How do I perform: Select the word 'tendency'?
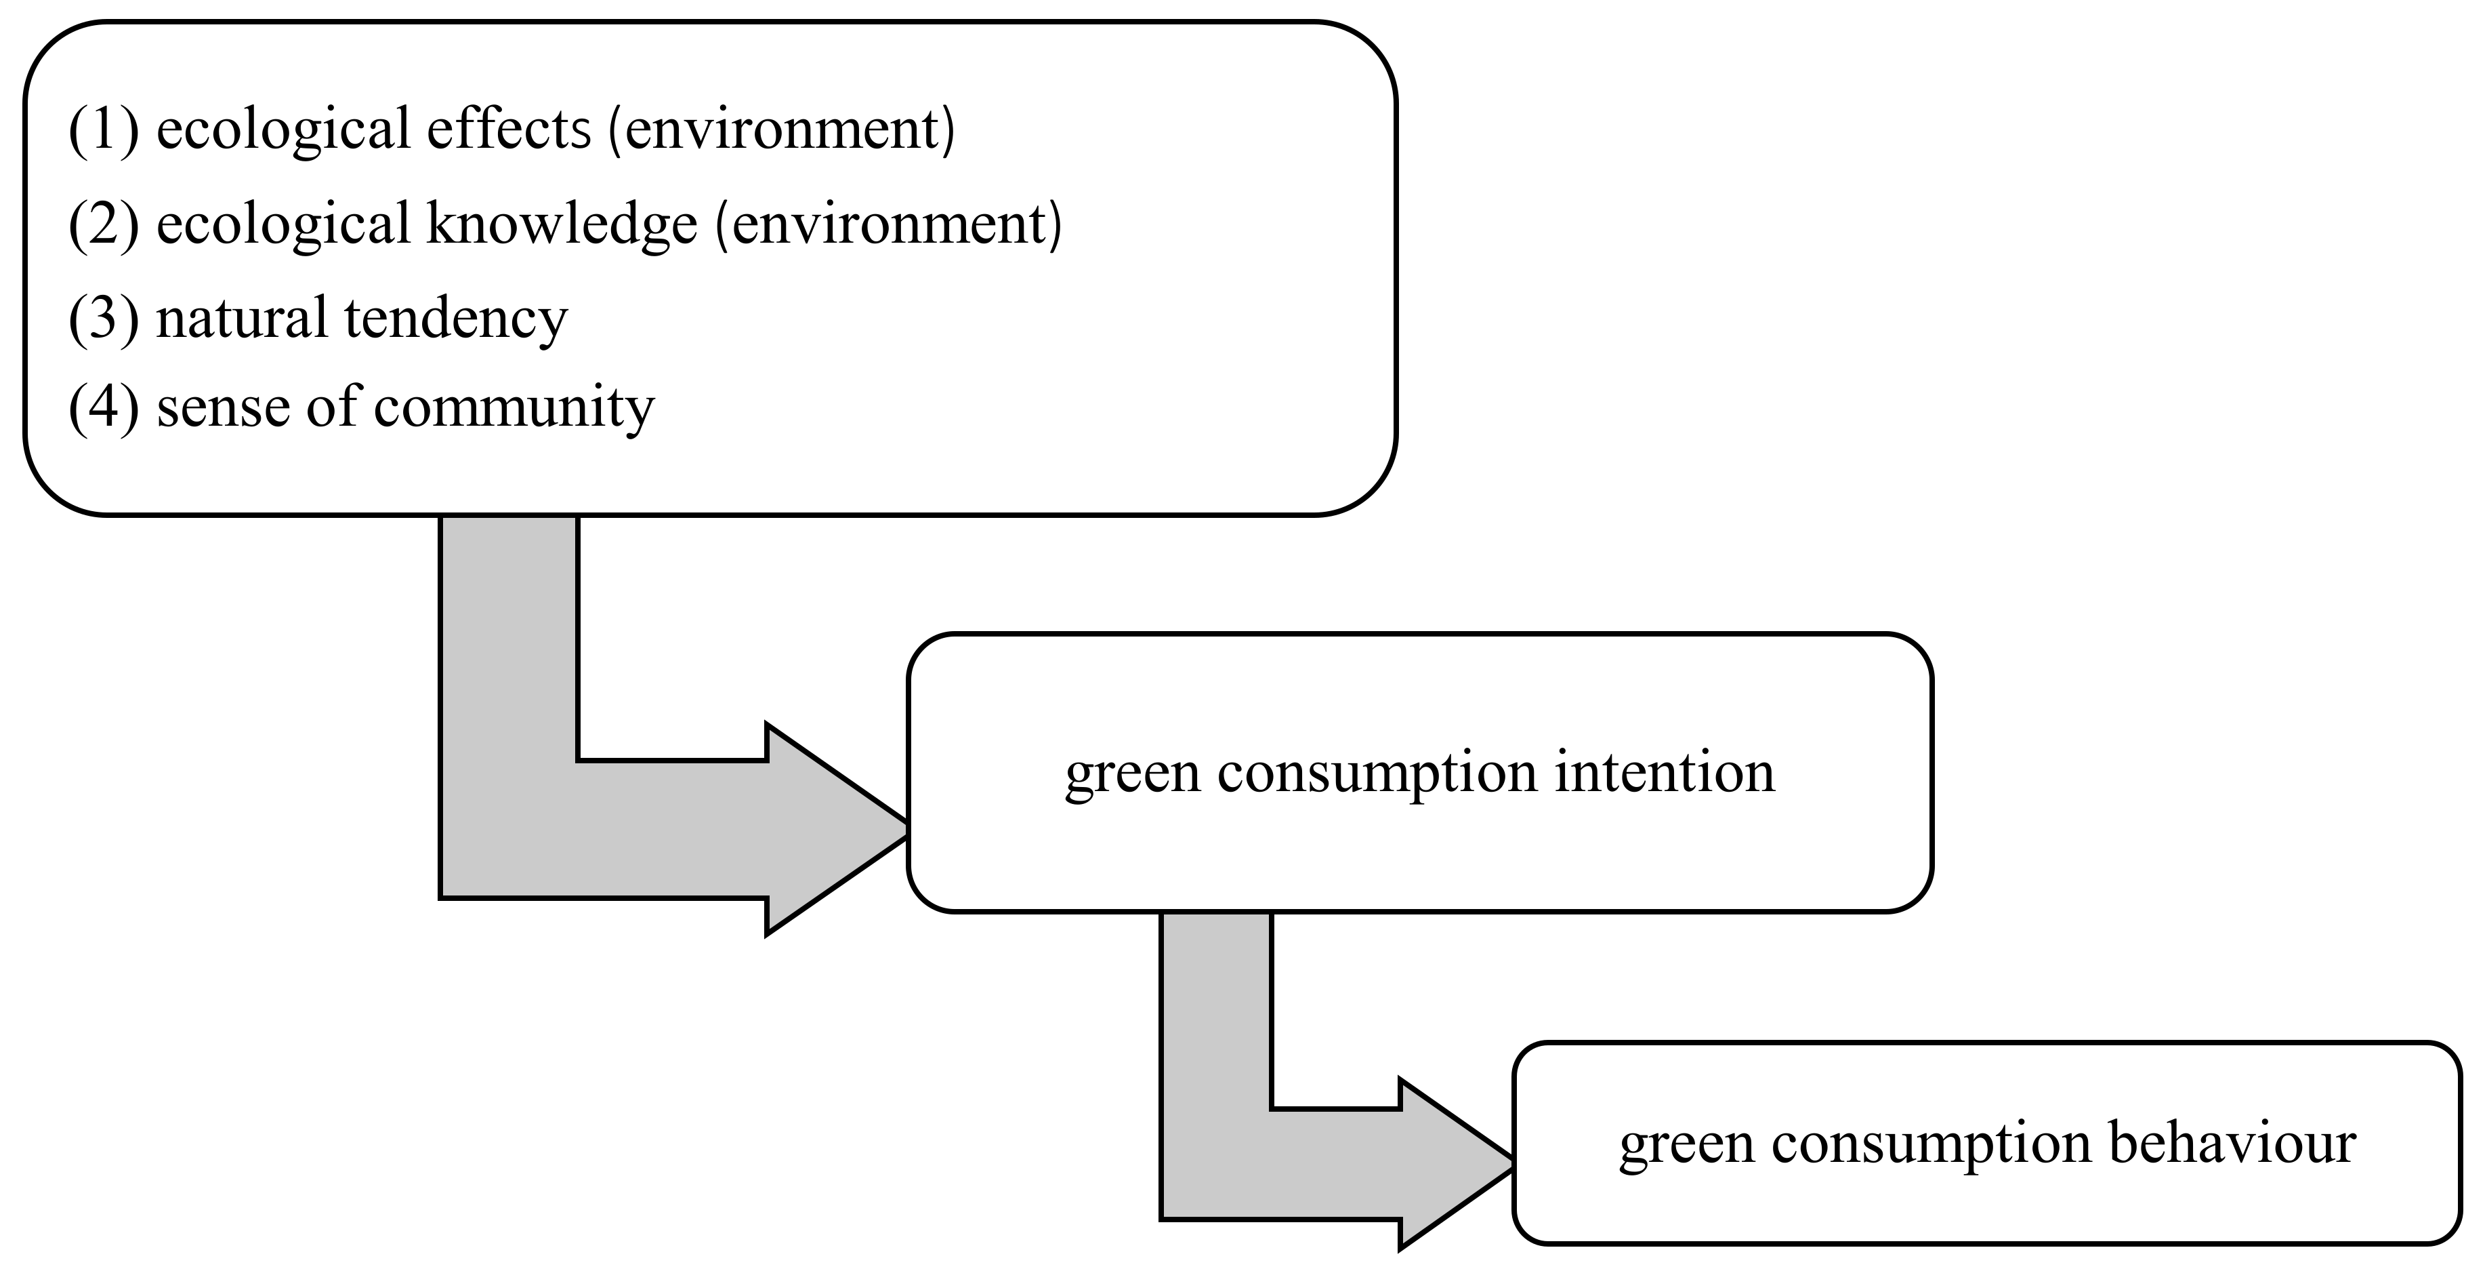[455, 319]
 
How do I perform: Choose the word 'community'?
[514, 408]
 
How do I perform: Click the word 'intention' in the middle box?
[1664, 772]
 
